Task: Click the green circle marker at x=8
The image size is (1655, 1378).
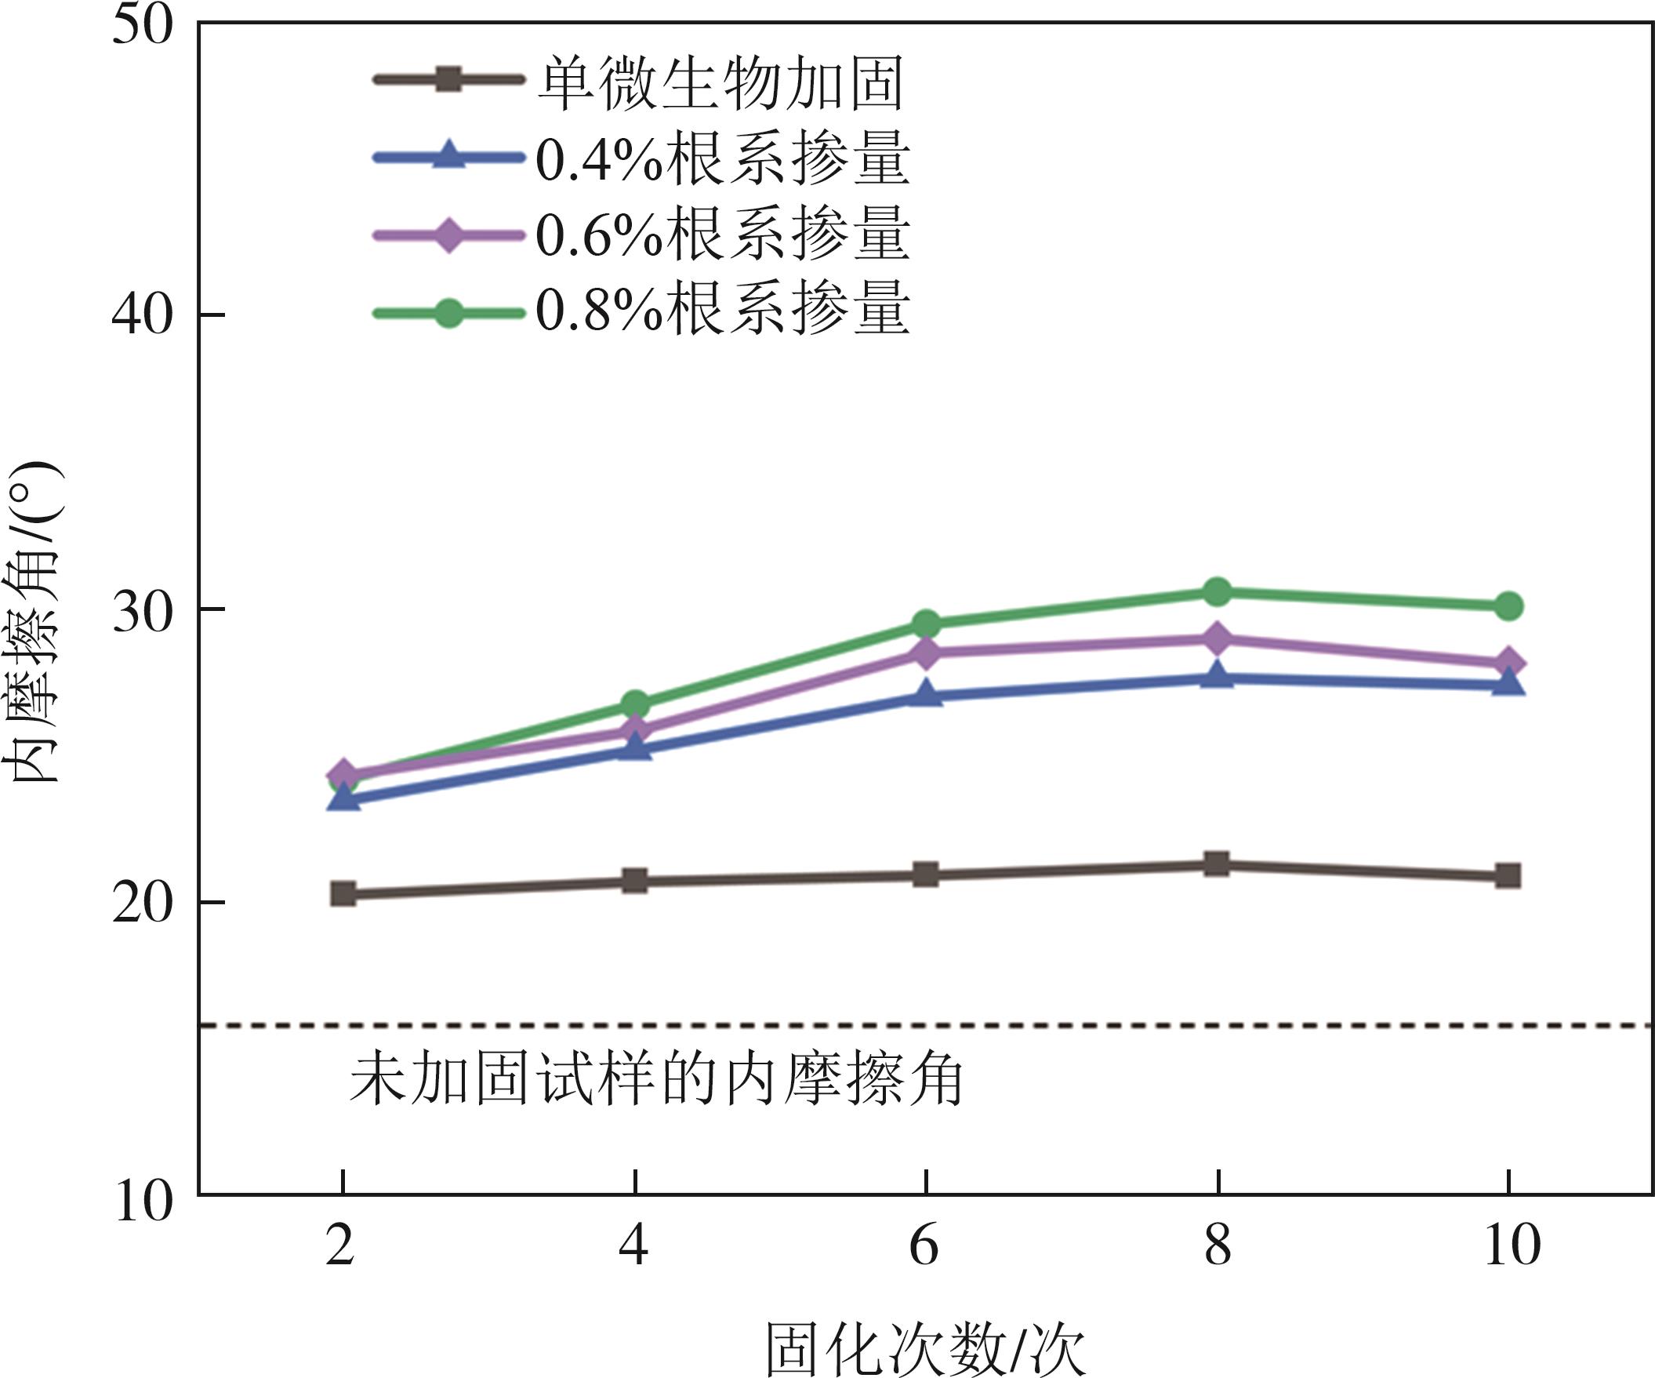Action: (x=1218, y=591)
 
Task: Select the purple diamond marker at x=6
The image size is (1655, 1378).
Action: (x=926, y=652)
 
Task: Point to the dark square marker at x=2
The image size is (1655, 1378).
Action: (x=343, y=893)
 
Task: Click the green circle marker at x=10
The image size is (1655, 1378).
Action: (x=1508, y=606)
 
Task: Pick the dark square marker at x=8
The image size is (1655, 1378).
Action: (x=1218, y=864)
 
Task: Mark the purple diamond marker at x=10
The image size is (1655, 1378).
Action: (x=1508, y=663)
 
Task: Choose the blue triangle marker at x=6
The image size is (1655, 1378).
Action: (x=926, y=695)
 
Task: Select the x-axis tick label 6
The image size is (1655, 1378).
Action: (x=924, y=1246)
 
